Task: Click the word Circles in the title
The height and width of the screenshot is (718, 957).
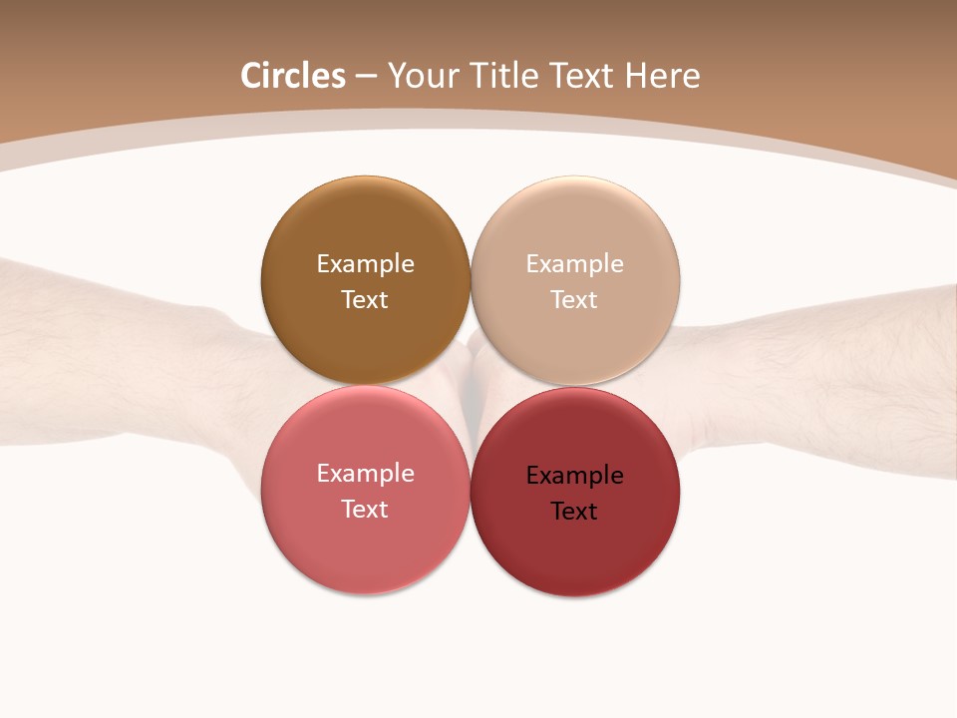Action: click(293, 76)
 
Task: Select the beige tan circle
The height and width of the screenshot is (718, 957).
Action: click(575, 329)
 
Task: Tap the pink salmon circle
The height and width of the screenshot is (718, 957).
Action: click(365, 543)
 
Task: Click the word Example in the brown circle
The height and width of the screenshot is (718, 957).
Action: click(365, 264)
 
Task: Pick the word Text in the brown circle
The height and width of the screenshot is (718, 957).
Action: click(365, 300)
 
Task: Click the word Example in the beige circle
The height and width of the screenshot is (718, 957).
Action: click(575, 264)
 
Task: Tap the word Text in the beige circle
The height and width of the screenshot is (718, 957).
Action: click(574, 300)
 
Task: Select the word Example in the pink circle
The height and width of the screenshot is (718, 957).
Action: click(365, 474)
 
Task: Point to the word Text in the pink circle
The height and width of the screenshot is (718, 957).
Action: click(365, 510)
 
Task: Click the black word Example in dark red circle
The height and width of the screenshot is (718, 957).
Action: click(575, 476)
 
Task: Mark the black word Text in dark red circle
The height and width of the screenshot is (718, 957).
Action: click(574, 512)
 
